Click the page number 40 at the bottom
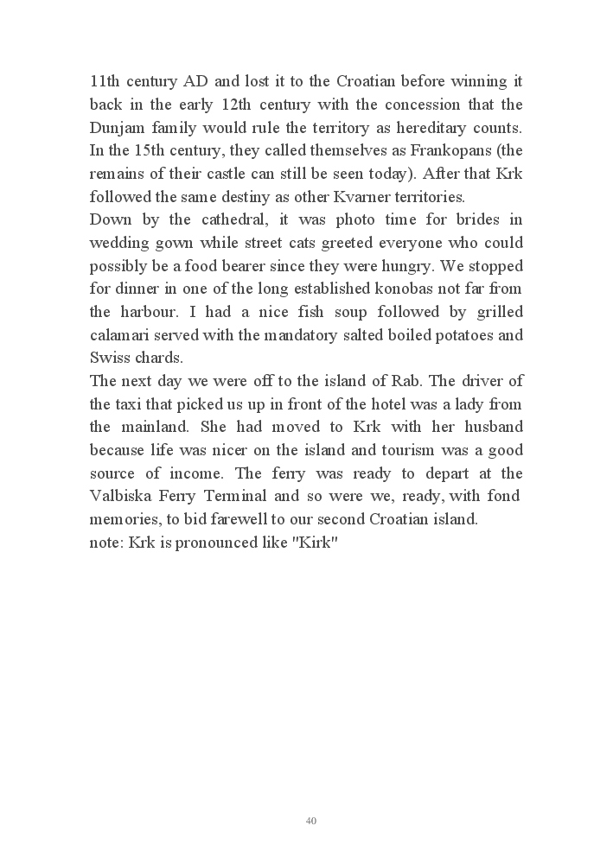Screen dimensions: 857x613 (x=311, y=821)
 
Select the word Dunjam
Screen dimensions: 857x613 (x=118, y=128)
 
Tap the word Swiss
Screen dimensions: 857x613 (x=111, y=358)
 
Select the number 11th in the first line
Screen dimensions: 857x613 (x=108, y=82)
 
